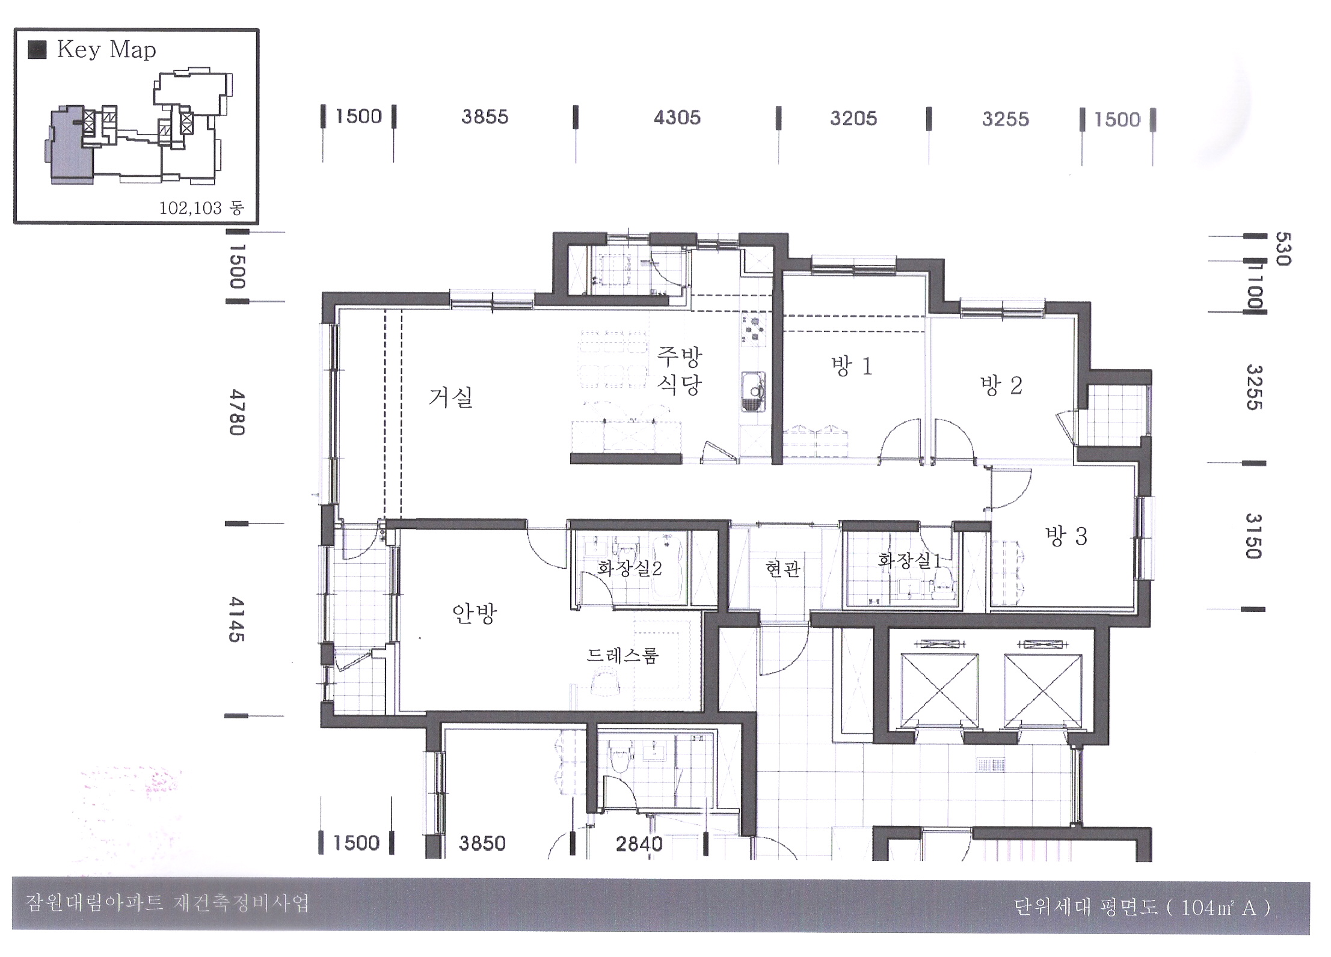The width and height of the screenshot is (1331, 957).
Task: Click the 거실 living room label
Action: pos(450,397)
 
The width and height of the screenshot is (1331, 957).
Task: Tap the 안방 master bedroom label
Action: pos(474,614)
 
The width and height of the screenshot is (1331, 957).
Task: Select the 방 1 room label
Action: pos(851,365)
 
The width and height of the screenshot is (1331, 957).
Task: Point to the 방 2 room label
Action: pos(1001,385)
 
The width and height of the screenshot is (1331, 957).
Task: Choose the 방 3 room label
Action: pos(1066,536)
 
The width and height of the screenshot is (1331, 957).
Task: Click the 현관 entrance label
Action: pos(782,569)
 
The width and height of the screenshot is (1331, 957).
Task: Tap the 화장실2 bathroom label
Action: pos(629,568)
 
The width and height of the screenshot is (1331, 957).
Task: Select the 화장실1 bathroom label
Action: pos(909,560)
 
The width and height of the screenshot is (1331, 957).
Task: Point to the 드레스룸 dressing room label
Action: pos(622,655)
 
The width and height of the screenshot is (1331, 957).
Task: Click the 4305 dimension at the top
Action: pos(677,117)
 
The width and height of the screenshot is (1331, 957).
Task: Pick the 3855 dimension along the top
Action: pos(485,117)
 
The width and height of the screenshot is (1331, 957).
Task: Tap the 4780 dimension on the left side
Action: pos(236,412)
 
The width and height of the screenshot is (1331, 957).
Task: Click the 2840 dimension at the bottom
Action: pos(639,844)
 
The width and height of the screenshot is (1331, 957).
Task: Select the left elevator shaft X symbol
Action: pos(939,689)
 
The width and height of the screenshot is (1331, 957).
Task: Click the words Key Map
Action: pos(106,49)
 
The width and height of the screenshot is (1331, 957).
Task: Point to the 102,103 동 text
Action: pos(201,209)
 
